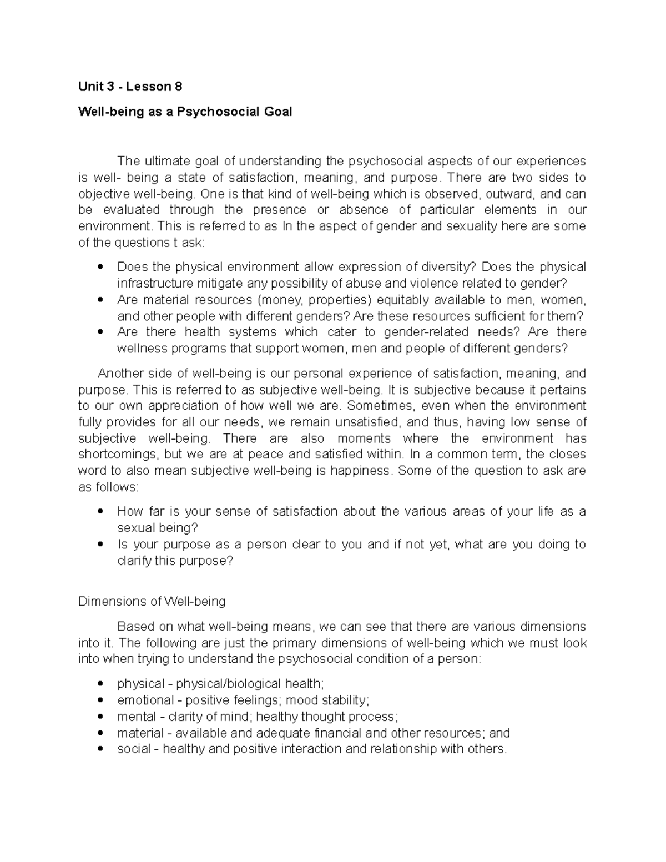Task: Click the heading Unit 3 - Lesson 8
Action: [x=130, y=87]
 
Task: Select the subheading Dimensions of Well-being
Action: [x=152, y=601]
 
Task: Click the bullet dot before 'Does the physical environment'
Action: [x=100, y=268]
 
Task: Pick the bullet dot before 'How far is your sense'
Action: [x=100, y=512]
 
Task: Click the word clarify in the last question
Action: [x=134, y=561]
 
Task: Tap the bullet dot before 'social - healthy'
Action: [x=100, y=749]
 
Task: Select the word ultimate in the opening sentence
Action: [x=166, y=161]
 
